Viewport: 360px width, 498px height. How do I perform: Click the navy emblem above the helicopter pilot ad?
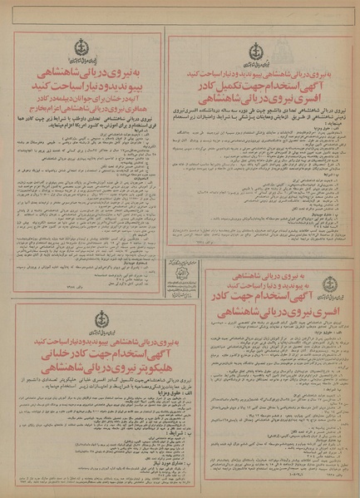(x=101, y=319)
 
